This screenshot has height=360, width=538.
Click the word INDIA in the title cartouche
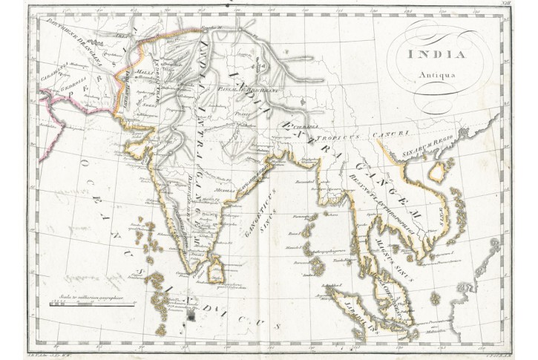(x=436, y=54)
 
